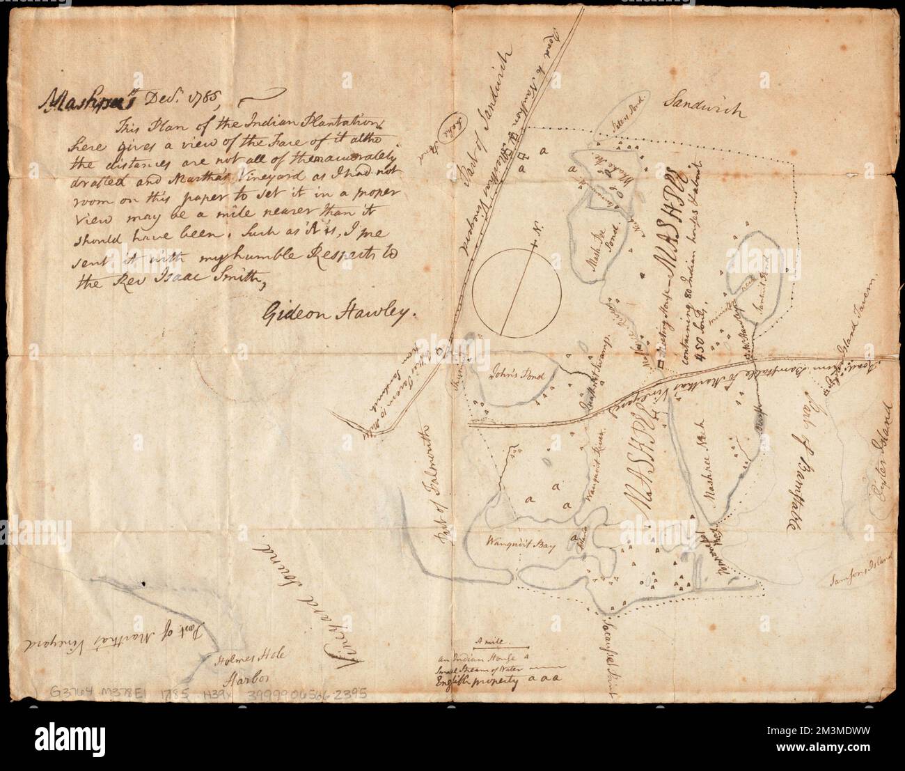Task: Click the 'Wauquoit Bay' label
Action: click(x=519, y=546)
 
